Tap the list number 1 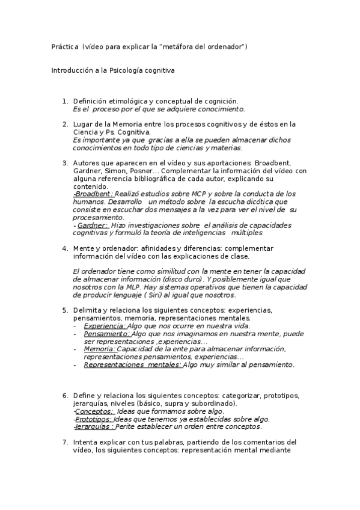[65, 101]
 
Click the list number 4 [65, 248]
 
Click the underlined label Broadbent [93, 194]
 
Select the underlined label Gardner [93, 225]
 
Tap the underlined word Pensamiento [107, 334]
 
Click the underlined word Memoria [99, 349]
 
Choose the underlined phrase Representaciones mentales [132, 364]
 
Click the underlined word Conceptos [94, 411]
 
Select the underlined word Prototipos [93, 419]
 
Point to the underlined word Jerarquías [94, 427]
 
